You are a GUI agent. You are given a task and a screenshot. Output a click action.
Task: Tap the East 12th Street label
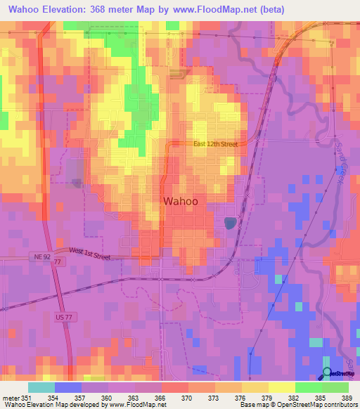point(216,144)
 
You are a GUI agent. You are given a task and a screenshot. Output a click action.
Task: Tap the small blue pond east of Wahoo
point(229,223)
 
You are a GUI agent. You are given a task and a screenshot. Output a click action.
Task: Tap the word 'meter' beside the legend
point(10,398)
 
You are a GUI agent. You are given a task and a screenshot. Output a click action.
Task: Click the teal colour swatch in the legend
point(41,387)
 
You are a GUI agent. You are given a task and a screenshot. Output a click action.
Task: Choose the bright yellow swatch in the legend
point(281,387)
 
